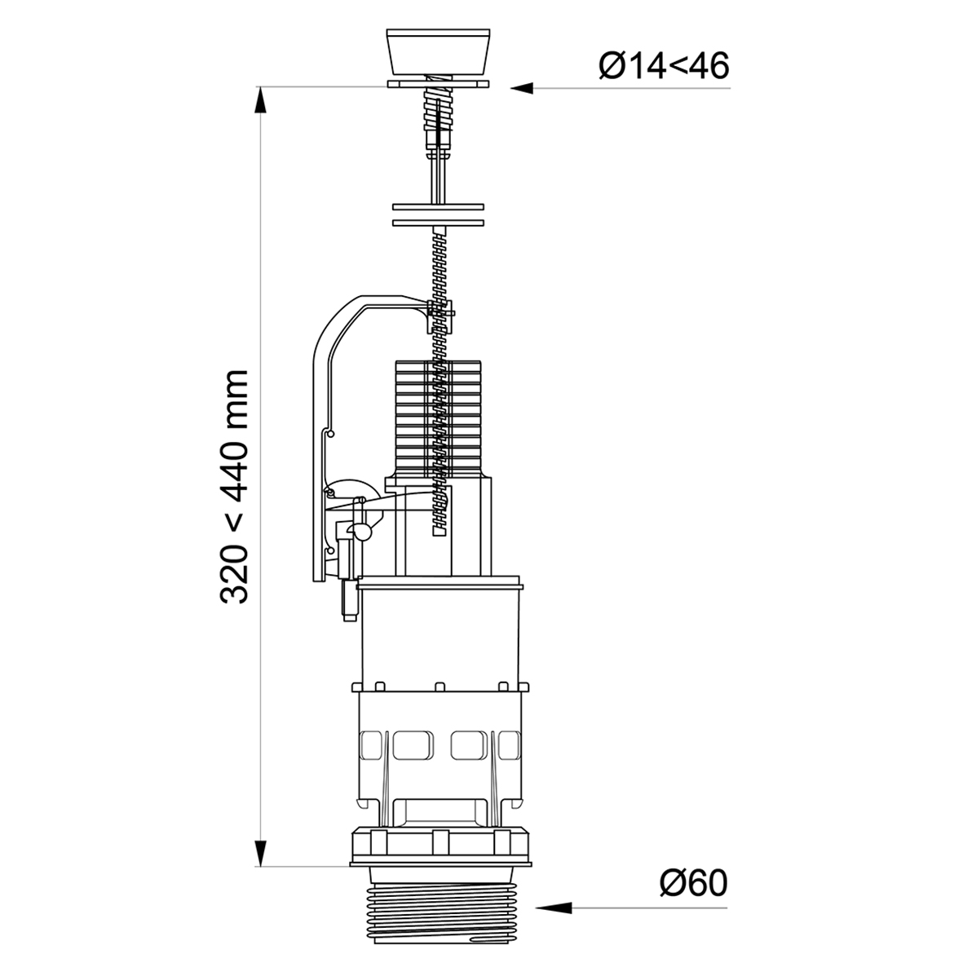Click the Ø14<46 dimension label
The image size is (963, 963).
664,66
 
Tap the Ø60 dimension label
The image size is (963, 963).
693,884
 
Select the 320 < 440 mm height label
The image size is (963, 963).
234,487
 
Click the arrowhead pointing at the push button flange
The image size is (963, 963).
521,88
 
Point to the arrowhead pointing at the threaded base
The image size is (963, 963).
547,908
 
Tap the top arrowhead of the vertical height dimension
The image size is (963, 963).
261,99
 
